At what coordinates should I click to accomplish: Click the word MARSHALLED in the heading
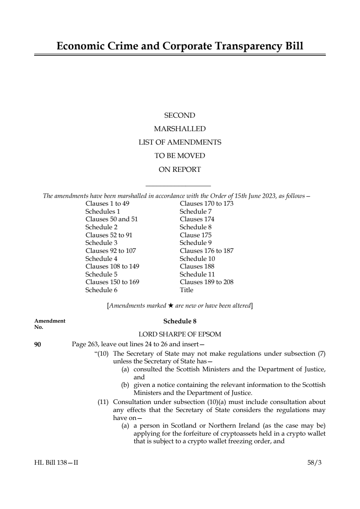[x=179, y=129]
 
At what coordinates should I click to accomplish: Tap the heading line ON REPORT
[x=179, y=169]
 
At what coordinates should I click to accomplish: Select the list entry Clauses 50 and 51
[x=112, y=219]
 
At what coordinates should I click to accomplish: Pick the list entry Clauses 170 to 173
[x=206, y=203]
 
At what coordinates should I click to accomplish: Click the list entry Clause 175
[x=195, y=235]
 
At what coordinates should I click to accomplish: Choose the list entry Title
[x=186, y=290]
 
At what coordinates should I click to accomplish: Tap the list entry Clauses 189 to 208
[x=206, y=282]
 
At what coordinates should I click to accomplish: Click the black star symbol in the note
[x=171, y=306]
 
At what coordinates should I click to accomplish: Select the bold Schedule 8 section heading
[x=179, y=321]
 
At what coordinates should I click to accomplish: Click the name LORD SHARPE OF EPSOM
[x=179, y=334]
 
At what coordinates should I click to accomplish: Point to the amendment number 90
[x=37, y=344]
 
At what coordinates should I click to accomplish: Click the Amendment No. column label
[x=50, y=324]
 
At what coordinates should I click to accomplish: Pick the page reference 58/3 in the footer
[x=314, y=463]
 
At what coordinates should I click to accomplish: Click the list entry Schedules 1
[x=102, y=211]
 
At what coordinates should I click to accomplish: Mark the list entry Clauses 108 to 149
[x=112, y=266]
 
